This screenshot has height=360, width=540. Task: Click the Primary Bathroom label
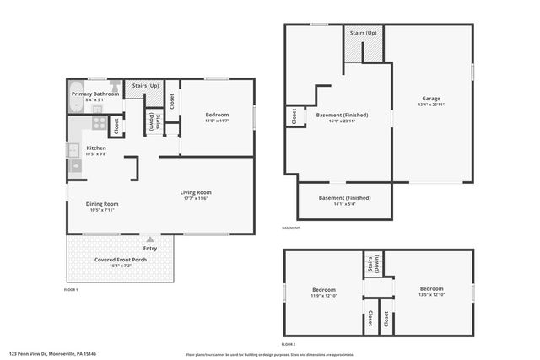(x=95, y=94)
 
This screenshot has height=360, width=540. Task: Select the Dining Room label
(x=101, y=203)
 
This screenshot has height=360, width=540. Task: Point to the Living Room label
(x=196, y=192)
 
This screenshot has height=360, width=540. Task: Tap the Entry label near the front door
(x=150, y=248)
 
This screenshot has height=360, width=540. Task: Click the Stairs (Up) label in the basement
(x=364, y=33)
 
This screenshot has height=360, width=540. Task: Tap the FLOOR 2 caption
(x=289, y=344)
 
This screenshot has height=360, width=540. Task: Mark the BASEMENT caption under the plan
(x=290, y=228)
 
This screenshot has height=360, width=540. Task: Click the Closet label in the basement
(x=293, y=117)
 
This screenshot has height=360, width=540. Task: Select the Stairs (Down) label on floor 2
(x=372, y=264)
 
